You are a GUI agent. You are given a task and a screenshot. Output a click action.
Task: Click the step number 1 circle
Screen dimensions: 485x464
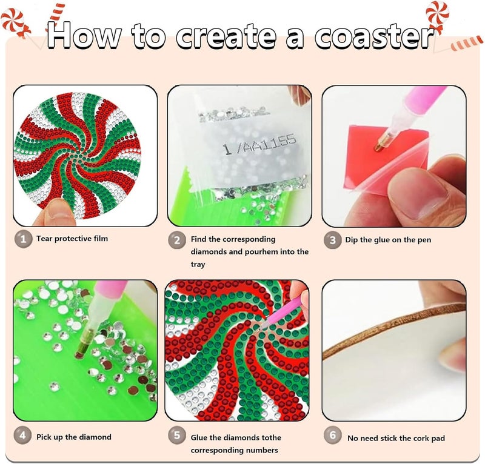click(23, 239)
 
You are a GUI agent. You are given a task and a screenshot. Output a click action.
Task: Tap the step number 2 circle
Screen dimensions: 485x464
click(177, 240)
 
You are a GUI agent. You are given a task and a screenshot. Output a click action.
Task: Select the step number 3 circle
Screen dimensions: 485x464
click(332, 240)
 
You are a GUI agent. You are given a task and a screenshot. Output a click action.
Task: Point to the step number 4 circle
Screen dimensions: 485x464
click(22, 436)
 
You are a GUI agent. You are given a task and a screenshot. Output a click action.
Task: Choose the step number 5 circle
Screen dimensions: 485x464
click(177, 436)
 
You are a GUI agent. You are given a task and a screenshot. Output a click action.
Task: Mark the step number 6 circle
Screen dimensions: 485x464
click(332, 436)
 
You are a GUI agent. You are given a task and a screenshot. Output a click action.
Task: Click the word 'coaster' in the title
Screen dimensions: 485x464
click(374, 37)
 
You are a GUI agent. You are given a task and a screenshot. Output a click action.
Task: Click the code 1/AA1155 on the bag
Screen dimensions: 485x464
click(259, 145)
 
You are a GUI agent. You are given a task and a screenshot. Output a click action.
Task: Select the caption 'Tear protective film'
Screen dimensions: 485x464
click(72, 239)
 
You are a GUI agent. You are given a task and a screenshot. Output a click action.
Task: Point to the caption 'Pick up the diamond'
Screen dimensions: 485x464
click(74, 437)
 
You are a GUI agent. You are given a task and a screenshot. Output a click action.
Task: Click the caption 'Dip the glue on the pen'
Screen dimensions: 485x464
click(388, 240)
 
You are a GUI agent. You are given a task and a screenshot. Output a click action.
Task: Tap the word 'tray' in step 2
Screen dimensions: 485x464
click(198, 265)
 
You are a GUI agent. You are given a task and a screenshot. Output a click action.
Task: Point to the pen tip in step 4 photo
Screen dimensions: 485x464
click(79, 354)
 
